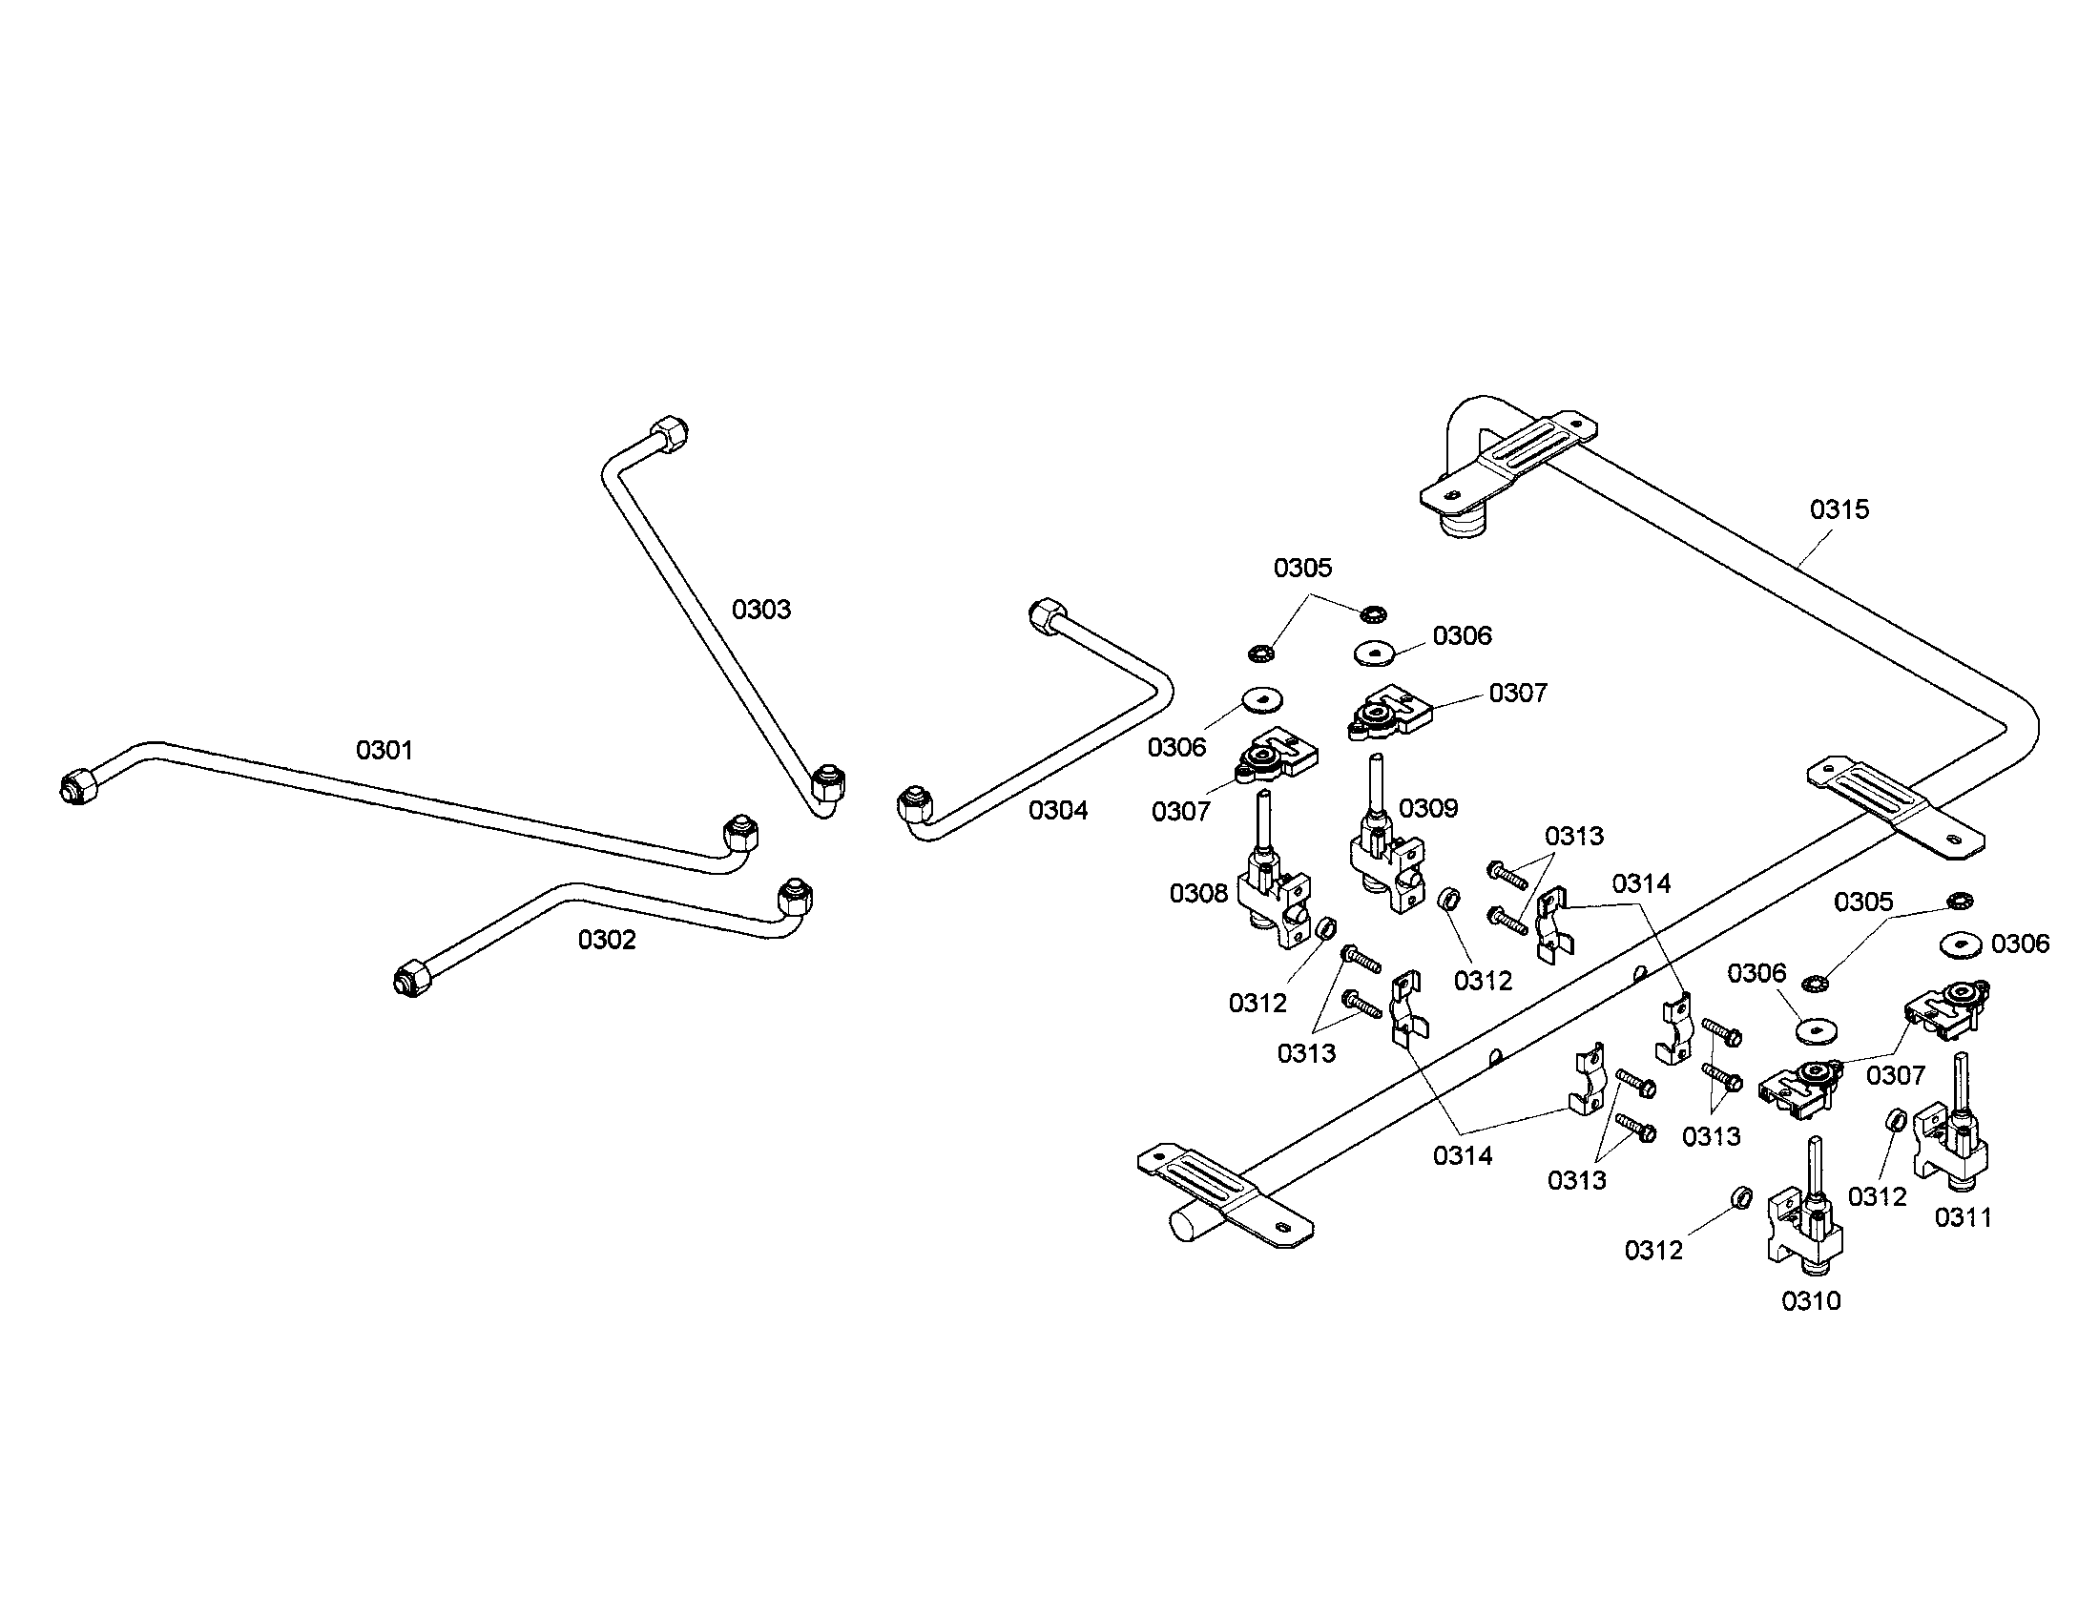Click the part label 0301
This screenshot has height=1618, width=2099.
point(384,750)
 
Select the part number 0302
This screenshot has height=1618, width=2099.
point(607,939)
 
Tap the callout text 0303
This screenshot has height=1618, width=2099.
point(761,610)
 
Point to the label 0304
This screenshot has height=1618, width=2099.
point(1058,810)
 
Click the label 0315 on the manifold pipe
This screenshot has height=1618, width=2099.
point(1839,509)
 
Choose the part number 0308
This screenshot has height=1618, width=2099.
point(1198,894)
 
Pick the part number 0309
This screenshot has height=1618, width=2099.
point(1428,808)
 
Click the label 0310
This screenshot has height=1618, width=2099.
point(1811,1301)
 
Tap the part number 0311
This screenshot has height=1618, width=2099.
point(1964,1217)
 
